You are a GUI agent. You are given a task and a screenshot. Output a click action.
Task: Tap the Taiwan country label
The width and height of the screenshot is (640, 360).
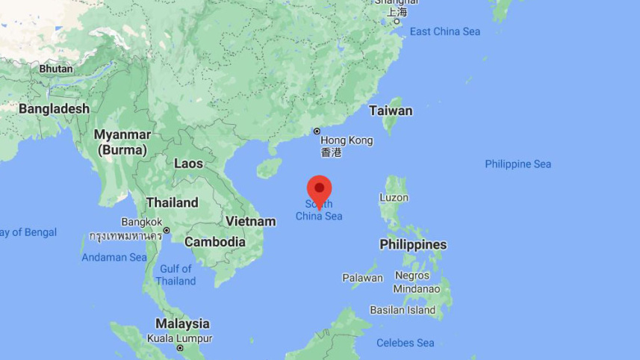point(391,111)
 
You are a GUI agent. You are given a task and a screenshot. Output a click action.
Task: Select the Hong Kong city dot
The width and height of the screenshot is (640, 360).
point(317,131)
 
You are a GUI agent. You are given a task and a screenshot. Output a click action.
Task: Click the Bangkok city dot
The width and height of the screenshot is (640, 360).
point(167,230)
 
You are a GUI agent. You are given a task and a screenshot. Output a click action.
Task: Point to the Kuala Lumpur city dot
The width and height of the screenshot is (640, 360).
point(180,348)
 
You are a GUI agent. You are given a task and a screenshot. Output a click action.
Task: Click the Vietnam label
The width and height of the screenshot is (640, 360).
point(251,221)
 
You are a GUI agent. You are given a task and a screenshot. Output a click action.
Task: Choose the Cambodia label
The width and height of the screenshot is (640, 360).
point(215,242)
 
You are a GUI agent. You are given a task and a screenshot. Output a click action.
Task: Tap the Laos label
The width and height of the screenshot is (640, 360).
point(188,163)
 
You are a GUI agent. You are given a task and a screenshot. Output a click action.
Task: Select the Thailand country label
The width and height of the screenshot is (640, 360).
point(172,202)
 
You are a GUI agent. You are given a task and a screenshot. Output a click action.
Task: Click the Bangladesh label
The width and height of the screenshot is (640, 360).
point(54,109)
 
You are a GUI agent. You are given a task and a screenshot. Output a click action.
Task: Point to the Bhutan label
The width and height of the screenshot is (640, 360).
point(56,69)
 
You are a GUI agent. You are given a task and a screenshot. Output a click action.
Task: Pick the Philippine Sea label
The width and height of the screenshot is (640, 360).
point(518,164)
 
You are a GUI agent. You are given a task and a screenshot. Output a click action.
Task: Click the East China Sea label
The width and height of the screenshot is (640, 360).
point(445,31)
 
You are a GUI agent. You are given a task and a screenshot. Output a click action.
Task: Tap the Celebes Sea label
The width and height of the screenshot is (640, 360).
point(406,343)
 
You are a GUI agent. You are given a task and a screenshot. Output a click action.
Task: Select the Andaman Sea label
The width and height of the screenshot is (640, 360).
point(114,257)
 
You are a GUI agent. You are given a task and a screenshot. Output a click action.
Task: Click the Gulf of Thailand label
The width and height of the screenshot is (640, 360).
point(175,275)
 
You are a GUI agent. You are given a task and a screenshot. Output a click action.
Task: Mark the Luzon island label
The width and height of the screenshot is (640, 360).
point(394,198)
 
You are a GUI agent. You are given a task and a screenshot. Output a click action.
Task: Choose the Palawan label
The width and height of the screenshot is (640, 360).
point(362,278)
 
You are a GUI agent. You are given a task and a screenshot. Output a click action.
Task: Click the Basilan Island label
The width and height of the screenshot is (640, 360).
point(403,310)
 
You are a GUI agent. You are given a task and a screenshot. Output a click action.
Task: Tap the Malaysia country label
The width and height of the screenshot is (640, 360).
point(182,324)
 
